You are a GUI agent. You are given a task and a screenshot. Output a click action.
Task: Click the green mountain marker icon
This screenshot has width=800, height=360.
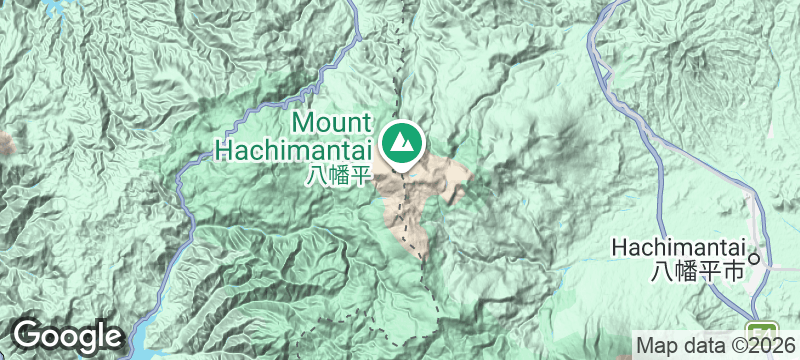(x=404, y=142)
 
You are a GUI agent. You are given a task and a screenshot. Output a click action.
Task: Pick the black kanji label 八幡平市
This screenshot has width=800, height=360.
(x=698, y=270)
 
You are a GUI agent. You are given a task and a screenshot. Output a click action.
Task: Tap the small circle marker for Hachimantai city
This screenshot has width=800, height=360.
(x=756, y=258)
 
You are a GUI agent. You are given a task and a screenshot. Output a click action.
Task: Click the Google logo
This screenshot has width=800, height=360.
(x=67, y=336)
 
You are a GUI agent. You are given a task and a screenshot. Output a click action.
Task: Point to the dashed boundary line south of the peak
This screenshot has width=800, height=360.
(x=405, y=215)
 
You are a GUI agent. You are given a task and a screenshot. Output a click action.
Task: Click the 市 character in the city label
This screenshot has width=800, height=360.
(x=735, y=270)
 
